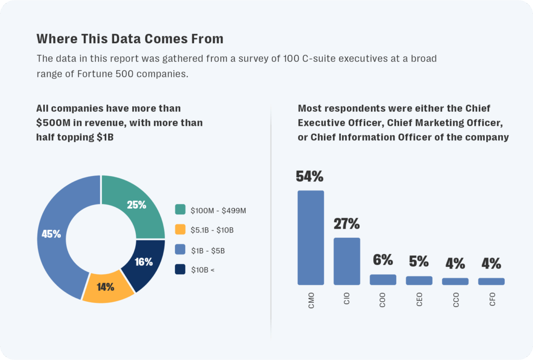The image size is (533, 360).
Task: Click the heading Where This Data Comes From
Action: pyautogui.click(x=130, y=39)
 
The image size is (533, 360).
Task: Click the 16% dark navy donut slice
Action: pyautogui.click(x=143, y=262)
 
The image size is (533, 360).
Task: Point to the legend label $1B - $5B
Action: pyautogui.click(x=208, y=250)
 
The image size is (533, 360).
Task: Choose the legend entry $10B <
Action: pyautogui.click(x=202, y=270)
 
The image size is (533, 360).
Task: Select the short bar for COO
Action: pyautogui.click(x=383, y=279)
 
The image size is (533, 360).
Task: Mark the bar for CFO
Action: pyautogui.click(x=491, y=281)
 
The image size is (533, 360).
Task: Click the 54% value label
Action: pyautogui.click(x=310, y=177)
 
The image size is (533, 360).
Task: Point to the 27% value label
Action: pyautogui.click(x=347, y=224)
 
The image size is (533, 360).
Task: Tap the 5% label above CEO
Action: pyautogui.click(x=419, y=261)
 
